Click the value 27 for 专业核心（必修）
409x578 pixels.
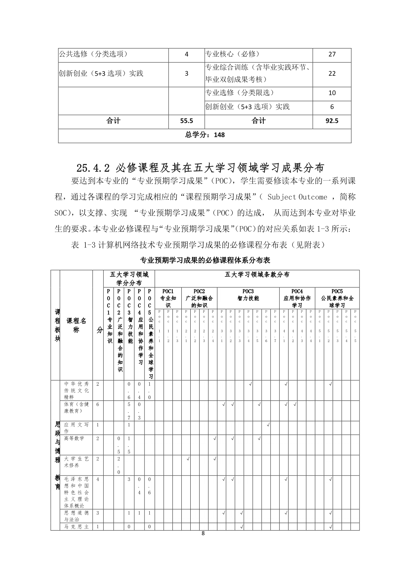[332, 54]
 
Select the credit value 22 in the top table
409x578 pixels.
[332, 73]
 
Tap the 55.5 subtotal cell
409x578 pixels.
[186, 121]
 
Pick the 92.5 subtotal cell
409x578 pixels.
[332, 121]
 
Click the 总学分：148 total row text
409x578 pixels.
[204, 135]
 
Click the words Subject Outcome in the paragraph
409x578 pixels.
[297, 197]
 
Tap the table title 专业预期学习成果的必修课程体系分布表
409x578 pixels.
[205, 260]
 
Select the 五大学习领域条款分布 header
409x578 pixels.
[257, 275]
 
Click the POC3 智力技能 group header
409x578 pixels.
[248, 295]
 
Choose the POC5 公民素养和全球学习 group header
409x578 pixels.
[337, 298]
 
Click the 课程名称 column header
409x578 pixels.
[76, 325]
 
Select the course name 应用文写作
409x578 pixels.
[76, 428]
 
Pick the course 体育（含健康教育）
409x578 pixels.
[76, 408]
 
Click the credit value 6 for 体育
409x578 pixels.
[98, 404]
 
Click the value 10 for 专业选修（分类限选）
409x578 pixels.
[332, 93]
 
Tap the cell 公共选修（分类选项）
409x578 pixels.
[93, 54]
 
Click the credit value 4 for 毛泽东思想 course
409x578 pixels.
[98, 479]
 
